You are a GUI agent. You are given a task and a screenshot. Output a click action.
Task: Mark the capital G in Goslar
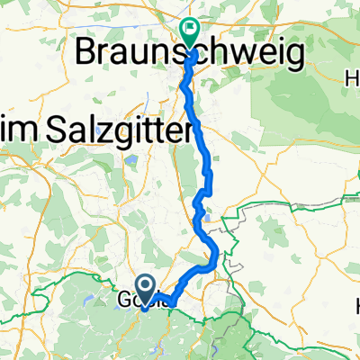click(125, 300)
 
